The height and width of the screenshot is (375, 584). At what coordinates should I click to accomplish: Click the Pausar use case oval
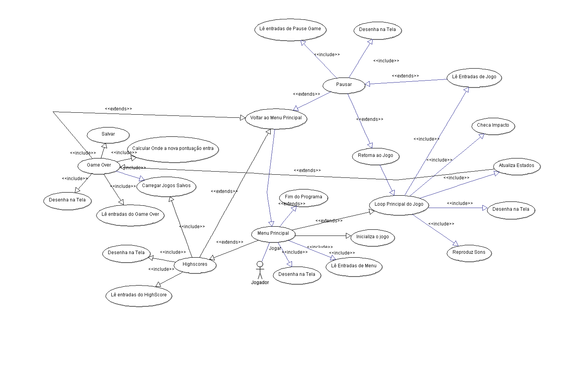(344, 85)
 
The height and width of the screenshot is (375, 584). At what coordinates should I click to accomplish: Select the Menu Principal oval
(273, 234)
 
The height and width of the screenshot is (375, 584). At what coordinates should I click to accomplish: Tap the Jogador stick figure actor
(260, 271)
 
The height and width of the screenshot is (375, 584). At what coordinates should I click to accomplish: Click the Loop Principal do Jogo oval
(399, 205)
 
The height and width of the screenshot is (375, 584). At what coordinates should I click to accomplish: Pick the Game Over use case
(99, 165)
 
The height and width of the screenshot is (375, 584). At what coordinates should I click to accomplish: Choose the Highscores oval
(195, 265)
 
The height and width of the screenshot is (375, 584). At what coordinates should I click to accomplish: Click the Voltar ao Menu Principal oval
(276, 118)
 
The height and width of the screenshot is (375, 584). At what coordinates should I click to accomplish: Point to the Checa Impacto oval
(493, 126)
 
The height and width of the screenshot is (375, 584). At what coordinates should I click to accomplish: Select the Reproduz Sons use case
(469, 253)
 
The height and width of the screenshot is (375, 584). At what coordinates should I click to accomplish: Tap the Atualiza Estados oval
(517, 166)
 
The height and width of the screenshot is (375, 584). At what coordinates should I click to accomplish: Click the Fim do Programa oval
(304, 197)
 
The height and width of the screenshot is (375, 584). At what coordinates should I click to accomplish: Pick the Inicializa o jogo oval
(373, 237)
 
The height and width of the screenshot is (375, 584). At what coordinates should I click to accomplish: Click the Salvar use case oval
(108, 134)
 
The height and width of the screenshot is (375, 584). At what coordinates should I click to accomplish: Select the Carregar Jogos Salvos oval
(166, 186)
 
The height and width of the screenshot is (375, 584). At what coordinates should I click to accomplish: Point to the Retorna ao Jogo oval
(375, 156)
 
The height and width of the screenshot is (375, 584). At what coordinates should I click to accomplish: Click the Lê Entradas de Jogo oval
(474, 77)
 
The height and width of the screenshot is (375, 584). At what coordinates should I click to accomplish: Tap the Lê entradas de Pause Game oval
(290, 29)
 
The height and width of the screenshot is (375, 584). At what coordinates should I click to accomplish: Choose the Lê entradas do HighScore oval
(139, 295)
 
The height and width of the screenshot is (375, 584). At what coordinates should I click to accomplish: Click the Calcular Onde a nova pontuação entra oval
(173, 149)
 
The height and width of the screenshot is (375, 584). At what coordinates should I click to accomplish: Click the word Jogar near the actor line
(275, 248)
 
